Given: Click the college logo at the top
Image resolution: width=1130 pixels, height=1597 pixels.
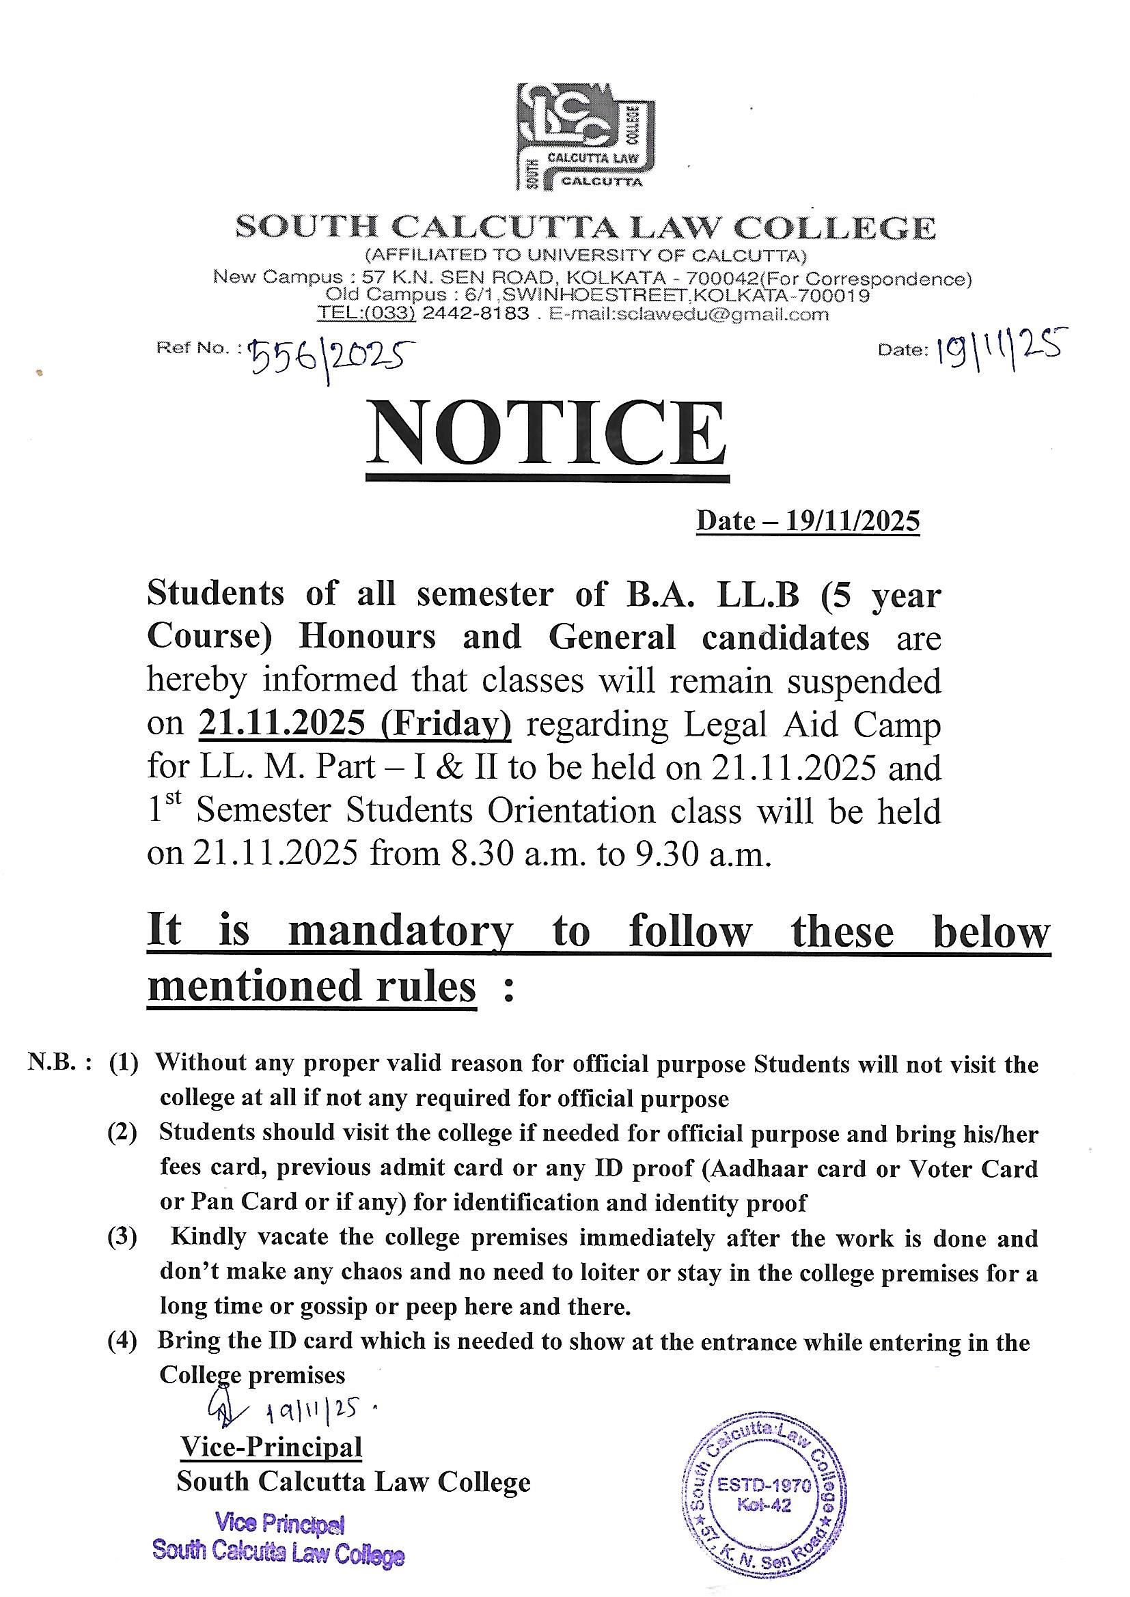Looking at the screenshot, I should click(585, 137).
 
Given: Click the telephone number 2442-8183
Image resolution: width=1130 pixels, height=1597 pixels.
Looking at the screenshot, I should click(476, 314).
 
